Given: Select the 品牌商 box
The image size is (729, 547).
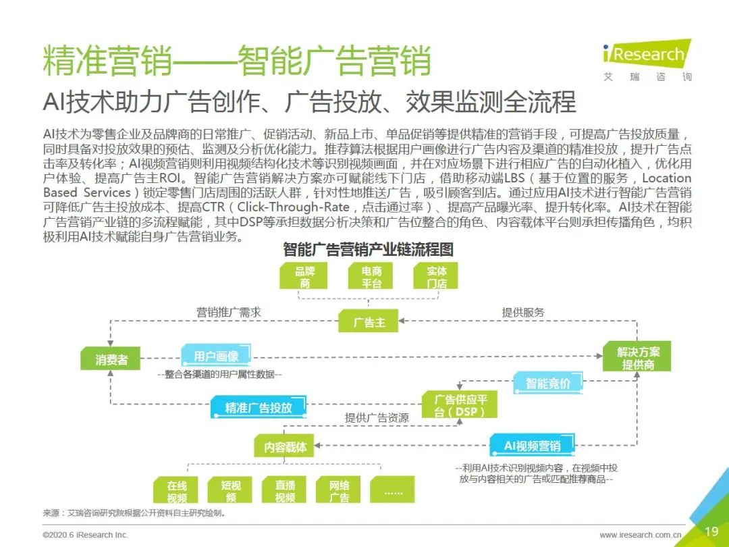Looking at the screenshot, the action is (304, 276).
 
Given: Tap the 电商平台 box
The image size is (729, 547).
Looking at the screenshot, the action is (371, 276).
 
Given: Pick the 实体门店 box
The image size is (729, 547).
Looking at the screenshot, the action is (436, 276).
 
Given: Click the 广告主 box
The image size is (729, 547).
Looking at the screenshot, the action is (369, 321).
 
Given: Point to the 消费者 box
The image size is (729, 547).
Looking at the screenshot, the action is (110, 359).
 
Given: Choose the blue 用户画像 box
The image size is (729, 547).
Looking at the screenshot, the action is (216, 356).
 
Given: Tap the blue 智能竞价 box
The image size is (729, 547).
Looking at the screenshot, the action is (548, 384).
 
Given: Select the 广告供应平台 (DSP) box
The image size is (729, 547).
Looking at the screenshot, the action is (460, 405).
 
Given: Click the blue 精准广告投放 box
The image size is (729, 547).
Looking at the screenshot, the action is (259, 407).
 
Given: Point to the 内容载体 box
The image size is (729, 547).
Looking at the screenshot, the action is (284, 446).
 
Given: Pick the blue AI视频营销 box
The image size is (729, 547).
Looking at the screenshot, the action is (533, 445).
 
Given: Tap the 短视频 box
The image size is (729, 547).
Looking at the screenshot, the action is (230, 490).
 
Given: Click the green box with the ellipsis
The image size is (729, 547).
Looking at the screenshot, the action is (392, 490).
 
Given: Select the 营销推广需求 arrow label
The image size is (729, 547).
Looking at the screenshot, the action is (229, 312).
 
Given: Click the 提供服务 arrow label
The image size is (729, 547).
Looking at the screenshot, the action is (523, 312).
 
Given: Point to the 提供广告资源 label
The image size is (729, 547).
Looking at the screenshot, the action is (377, 418).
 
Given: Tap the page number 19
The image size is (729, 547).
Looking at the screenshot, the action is (711, 531).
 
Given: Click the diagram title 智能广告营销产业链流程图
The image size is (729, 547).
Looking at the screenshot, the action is (368, 250).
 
